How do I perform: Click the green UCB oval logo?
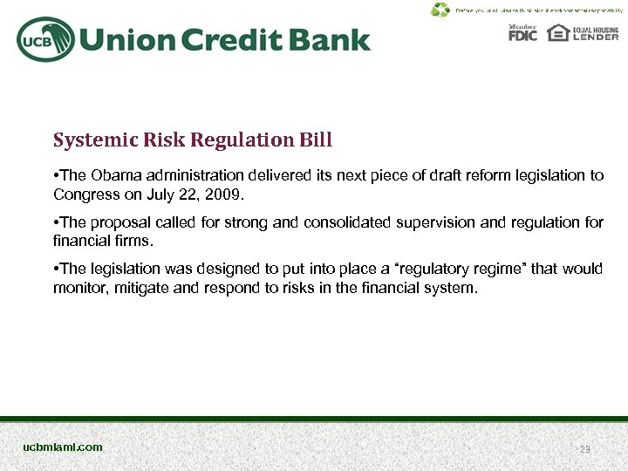44,39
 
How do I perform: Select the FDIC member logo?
523,33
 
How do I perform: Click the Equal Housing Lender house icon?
558,33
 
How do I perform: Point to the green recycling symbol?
440,10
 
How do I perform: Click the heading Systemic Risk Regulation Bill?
193,140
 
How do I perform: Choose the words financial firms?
102,241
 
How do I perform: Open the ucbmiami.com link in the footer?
63,447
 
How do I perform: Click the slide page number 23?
585,448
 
